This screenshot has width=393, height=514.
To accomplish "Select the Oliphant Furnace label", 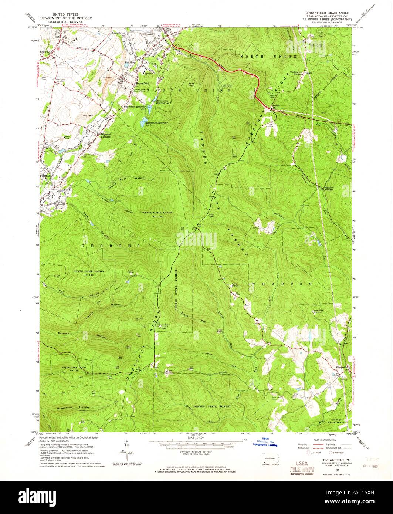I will (x=105, y=135).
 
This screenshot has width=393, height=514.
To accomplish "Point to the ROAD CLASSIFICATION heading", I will (x=325, y=440).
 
